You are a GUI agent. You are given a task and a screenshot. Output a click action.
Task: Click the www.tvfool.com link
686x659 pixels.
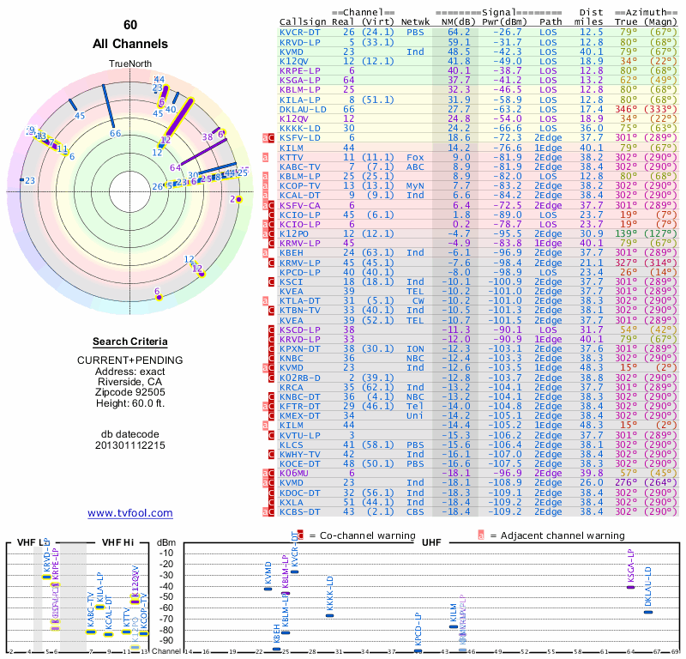tap(130, 513)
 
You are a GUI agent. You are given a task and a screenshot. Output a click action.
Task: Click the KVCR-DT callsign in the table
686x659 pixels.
tap(300, 32)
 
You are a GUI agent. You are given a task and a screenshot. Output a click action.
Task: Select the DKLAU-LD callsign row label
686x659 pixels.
tap(303, 109)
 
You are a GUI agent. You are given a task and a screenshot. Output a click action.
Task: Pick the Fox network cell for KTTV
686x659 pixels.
tap(415, 158)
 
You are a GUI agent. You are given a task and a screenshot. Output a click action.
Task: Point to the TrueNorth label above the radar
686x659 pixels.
tap(130, 63)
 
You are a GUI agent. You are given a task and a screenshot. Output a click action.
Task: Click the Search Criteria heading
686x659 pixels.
tap(130, 342)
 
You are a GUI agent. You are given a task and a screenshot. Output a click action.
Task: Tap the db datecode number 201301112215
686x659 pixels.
tap(130, 445)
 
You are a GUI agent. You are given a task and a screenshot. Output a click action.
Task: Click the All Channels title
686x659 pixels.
tap(130, 44)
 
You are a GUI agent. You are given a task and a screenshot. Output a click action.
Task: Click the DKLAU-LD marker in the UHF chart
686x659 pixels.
tap(648, 612)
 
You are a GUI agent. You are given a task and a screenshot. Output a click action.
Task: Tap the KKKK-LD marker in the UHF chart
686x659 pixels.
tap(330, 614)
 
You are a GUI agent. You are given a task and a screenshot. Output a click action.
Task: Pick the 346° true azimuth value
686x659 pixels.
tap(626, 109)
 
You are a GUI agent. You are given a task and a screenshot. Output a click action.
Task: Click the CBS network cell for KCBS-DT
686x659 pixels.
tap(415, 511)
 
